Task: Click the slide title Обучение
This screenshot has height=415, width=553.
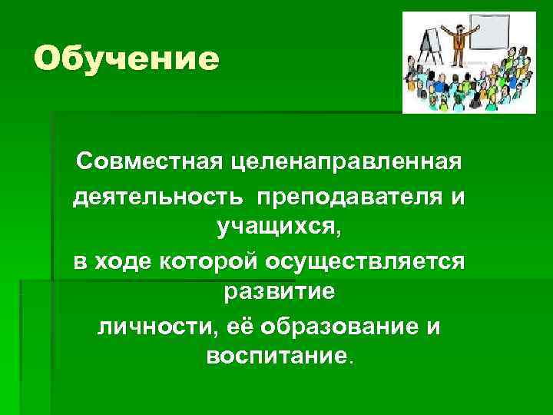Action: pos(127,59)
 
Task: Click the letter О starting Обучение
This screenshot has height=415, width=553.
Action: pos(48,59)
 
